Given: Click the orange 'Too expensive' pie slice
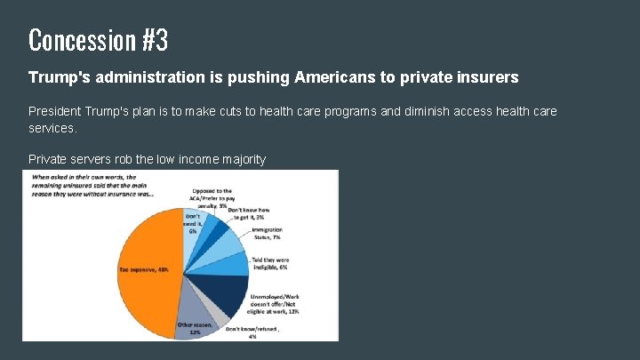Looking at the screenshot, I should [x=142, y=258].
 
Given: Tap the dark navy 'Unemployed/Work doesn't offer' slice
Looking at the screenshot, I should [x=227, y=293].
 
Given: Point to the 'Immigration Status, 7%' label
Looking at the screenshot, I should [x=266, y=233].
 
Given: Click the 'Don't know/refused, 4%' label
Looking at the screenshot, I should [x=252, y=332].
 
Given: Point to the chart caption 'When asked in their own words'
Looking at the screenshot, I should [x=89, y=184].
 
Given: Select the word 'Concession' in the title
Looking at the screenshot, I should [x=80, y=40].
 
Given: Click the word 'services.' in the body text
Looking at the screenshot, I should [x=53, y=128].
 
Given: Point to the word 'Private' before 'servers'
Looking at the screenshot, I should [x=48, y=159].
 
